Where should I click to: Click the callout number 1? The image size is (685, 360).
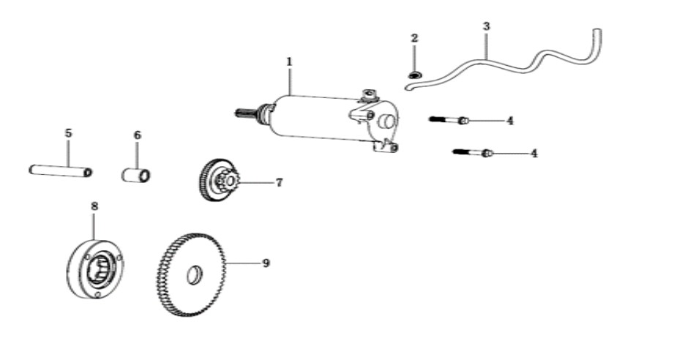coord(289,61)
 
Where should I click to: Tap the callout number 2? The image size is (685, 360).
coord(414,38)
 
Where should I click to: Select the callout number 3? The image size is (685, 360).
coord(487,26)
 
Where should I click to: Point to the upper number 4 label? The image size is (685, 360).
coord(510,121)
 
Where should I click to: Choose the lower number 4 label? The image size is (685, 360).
coord(534,154)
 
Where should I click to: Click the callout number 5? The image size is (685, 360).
coord(68,133)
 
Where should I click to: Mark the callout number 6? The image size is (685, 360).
coord(137,135)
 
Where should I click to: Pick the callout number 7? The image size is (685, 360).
coord(279,182)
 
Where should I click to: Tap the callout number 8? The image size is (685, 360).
coord(94,206)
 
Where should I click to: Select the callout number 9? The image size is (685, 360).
coord(266,263)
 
